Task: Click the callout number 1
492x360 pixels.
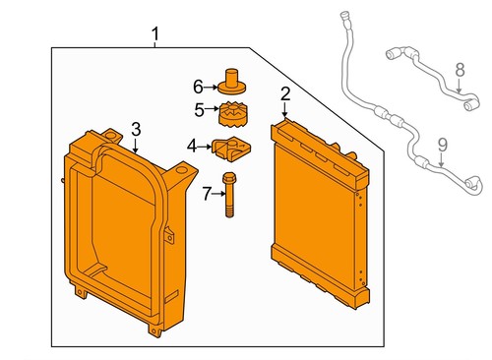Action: coord(154,36)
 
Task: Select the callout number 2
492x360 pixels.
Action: coord(284,94)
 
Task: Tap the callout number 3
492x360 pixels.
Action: coord(136,129)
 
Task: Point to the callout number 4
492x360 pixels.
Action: coord(192,146)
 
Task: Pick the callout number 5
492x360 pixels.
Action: coord(198,109)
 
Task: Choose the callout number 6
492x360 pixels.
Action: coord(197,86)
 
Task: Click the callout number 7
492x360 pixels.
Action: coord(207,193)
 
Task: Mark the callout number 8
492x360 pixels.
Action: coord(459,69)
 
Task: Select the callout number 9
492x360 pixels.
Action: coord(442,146)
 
